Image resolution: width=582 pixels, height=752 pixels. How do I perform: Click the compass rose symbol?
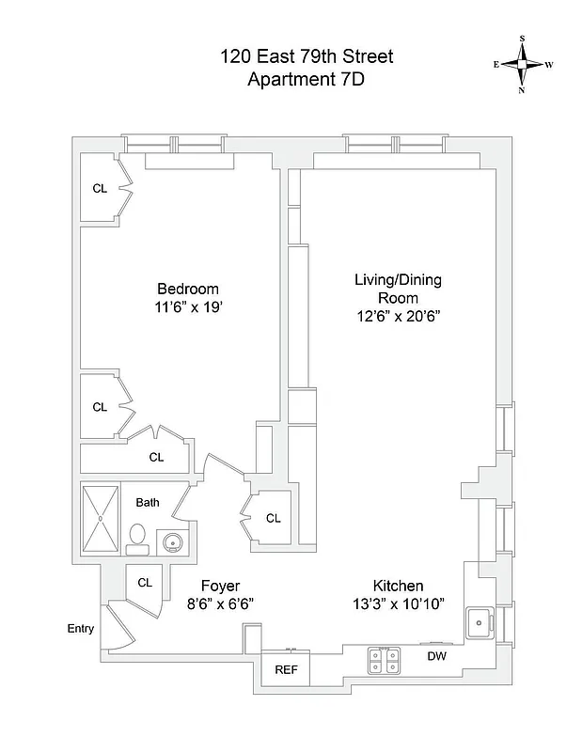[x=522, y=64]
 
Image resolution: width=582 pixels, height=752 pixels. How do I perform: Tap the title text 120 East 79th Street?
[x=307, y=57]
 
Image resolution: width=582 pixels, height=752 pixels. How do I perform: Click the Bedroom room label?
[x=187, y=289]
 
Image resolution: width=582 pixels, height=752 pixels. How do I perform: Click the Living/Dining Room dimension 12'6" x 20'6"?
[x=398, y=317]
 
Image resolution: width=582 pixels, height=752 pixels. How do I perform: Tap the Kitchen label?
[x=398, y=585]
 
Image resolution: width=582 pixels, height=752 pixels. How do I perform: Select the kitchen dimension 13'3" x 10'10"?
[x=398, y=603]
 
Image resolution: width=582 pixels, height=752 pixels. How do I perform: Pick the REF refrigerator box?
[x=286, y=669]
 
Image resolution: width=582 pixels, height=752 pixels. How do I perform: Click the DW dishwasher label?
[x=437, y=656]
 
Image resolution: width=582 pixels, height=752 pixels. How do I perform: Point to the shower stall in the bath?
[x=101, y=518]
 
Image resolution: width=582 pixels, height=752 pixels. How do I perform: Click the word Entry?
[x=80, y=629]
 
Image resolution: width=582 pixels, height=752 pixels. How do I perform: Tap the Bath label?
[x=148, y=502]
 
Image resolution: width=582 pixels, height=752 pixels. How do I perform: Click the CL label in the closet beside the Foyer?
[x=145, y=583]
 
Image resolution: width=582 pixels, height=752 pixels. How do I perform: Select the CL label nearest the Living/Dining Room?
[x=273, y=518]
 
